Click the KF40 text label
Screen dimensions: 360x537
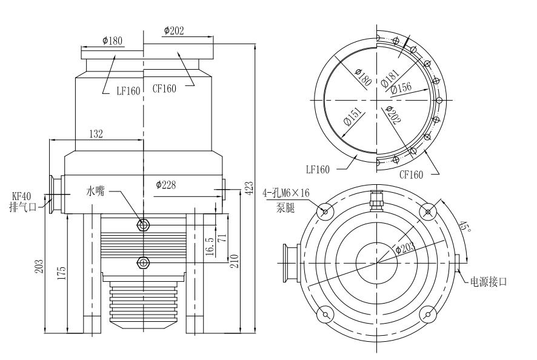pyautogui.click(x=22, y=196)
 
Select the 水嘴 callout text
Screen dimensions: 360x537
pyautogui.click(x=95, y=192)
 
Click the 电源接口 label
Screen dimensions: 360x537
pyautogui.click(x=488, y=282)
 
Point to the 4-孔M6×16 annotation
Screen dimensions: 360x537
pyautogui.click(x=286, y=193)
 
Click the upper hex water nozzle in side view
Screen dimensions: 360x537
pyautogui.click(x=143, y=225)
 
